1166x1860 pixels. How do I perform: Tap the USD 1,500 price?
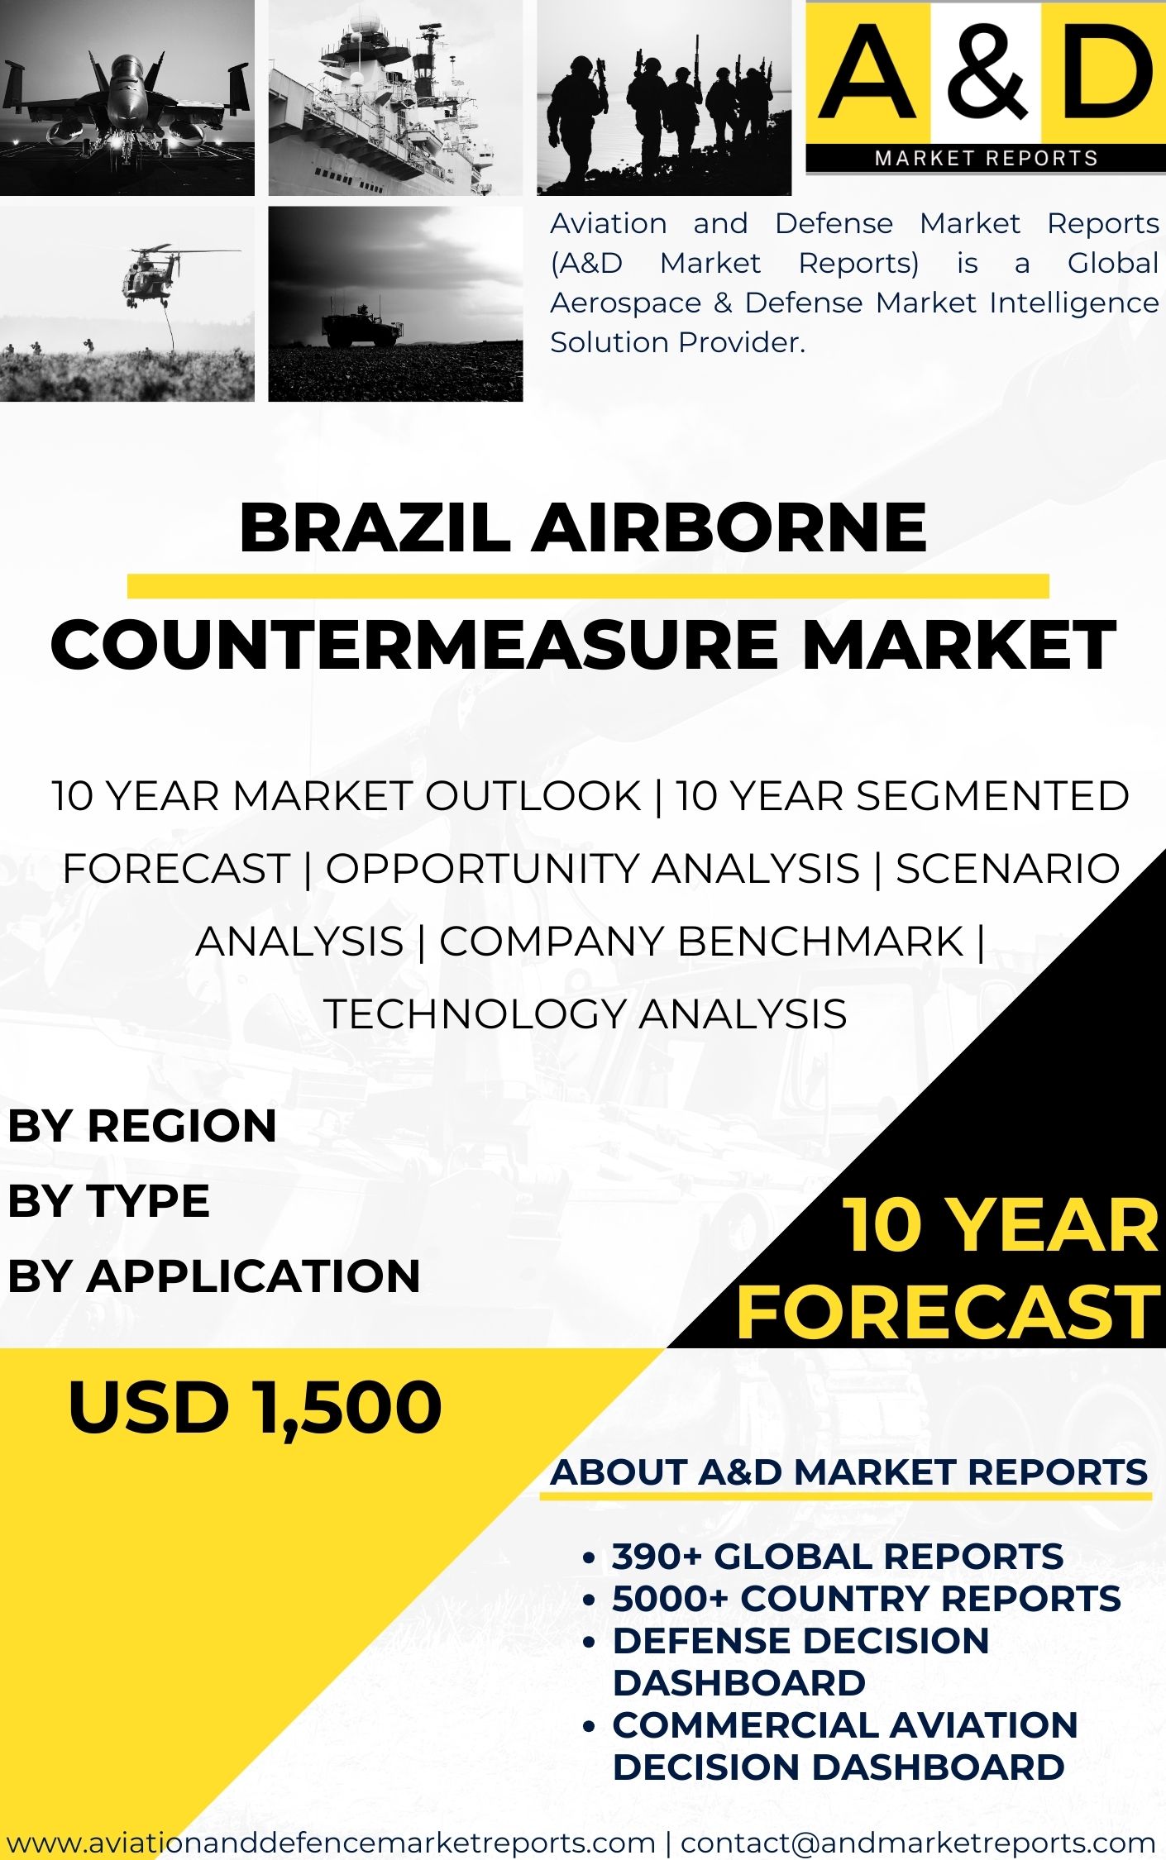pyautogui.click(x=256, y=1407)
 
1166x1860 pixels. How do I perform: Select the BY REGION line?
pyautogui.click(x=142, y=1126)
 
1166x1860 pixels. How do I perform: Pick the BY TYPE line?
pyautogui.click(x=109, y=1200)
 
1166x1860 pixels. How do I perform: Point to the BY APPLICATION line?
pyautogui.click(x=214, y=1275)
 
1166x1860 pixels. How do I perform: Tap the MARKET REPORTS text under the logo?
pyautogui.click(x=986, y=158)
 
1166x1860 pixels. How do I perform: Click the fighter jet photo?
pyautogui.click(x=127, y=98)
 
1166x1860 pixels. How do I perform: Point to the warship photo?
pyautogui.click(x=395, y=98)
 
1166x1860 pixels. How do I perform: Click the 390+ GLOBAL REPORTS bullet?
pyautogui.click(x=837, y=1556)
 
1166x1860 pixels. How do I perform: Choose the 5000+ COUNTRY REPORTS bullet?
pyautogui.click(x=866, y=1598)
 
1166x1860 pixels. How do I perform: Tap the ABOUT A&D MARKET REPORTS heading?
pyautogui.click(x=849, y=1472)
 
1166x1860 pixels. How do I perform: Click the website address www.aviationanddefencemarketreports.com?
pyautogui.click(x=331, y=1842)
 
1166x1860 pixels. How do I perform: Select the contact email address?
pyautogui.click(x=918, y=1842)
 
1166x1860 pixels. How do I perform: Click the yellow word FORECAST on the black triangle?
pyautogui.click(x=949, y=1312)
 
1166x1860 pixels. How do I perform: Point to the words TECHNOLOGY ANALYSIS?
pyautogui.click(x=585, y=1013)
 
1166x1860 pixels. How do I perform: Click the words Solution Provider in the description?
pyautogui.click(x=677, y=342)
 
